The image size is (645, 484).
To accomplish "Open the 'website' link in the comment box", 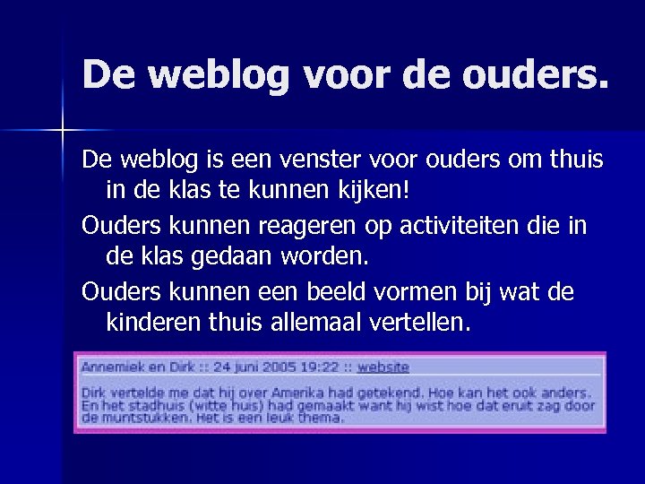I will click(x=383, y=367).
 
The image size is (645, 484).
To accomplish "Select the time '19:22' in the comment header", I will click(x=321, y=367).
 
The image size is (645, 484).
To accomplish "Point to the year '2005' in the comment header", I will click(x=280, y=367).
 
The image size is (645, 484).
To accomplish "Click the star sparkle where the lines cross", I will click(x=63, y=131).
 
